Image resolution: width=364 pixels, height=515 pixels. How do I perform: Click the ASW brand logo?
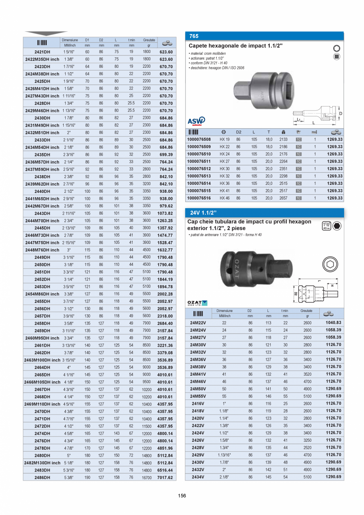pyautogui.click(x=196, y=121)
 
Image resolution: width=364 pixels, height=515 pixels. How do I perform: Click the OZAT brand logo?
pyautogui.click(x=197, y=303)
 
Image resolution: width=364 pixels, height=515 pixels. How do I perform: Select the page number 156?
pyautogui.click(x=182, y=496)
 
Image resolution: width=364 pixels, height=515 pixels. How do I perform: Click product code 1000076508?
pyautogui.click(x=199, y=140)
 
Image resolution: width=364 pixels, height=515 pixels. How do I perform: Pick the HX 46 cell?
pyautogui.click(x=224, y=198)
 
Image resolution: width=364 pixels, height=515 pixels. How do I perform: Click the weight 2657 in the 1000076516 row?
pyautogui.click(x=283, y=198)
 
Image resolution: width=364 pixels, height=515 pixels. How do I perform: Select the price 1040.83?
pyautogui.click(x=333, y=323)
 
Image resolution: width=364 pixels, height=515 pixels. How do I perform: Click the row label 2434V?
pyautogui.click(x=198, y=477)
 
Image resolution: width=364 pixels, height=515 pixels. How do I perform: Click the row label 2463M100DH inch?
pyautogui.click(x=42, y=360)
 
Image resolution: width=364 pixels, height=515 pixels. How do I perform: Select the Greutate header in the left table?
pyautogui.click(x=149, y=40)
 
